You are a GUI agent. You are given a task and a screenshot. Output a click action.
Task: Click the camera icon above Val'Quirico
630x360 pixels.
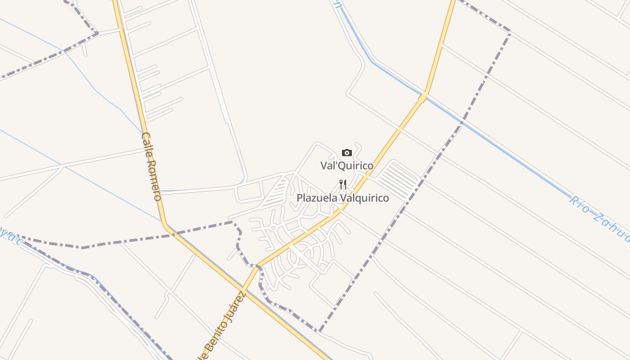[346, 153]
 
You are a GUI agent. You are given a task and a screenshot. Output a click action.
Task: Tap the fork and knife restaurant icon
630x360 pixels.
[343, 184]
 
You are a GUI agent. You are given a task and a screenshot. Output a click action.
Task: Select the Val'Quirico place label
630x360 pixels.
[346, 166]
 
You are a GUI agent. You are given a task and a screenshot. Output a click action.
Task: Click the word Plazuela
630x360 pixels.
[316, 198]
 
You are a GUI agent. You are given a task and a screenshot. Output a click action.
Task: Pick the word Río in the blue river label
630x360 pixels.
[579, 203]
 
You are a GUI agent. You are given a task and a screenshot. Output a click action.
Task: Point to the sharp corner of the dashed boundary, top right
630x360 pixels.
[510, 31]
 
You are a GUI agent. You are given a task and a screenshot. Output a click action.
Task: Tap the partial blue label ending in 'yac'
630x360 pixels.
[11, 236]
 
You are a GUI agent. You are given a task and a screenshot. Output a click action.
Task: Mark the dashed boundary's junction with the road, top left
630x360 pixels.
[98, 33]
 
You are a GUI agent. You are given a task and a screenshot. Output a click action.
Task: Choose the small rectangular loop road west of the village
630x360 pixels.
[249, 193]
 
